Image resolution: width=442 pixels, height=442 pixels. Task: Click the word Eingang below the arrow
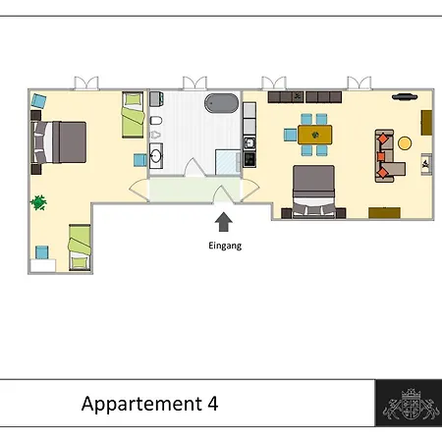pos(225,246)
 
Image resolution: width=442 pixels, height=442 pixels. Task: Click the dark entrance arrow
pos(224,222)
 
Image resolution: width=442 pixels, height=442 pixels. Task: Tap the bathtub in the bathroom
pos(222,103)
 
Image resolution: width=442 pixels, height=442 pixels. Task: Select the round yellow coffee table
pos(405,143)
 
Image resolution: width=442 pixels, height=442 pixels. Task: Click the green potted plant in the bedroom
pos(38,202)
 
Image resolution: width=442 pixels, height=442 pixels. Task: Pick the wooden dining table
pos(314,135)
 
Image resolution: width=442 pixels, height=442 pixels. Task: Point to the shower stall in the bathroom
pos(228,162)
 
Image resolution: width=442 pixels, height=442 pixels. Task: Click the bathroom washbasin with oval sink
pos(156,156)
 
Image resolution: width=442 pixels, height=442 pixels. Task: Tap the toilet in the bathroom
pos(156,121)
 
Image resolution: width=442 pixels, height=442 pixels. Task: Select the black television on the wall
pos(405,97)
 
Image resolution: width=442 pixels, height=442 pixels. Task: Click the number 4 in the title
pos(213,404)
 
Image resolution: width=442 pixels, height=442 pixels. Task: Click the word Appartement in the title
pos(141,405)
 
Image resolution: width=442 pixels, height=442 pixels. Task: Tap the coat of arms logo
pos(412,404)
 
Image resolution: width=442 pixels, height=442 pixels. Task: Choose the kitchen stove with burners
pos(249,159)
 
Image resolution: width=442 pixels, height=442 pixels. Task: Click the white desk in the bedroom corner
pos(43,265)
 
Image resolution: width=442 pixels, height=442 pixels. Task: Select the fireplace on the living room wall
pos(426,164)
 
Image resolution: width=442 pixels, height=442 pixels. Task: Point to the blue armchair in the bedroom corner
pos(38,101)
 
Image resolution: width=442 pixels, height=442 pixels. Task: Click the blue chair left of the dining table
pos(291,135)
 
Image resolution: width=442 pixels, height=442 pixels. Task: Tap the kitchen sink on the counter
pos(249,143)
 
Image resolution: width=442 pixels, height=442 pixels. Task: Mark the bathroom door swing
pos(194,168)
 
